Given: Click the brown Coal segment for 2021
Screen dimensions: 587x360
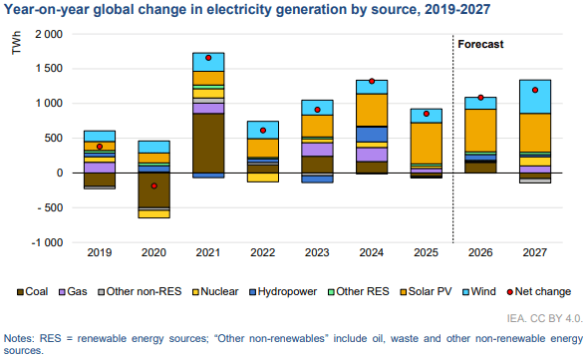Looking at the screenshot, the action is click(208, 143).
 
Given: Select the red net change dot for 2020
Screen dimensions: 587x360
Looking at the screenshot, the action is click(153, 185).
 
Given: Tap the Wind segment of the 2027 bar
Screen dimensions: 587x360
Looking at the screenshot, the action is click(535, 97).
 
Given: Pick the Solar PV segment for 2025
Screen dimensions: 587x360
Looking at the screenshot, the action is click(426, 143).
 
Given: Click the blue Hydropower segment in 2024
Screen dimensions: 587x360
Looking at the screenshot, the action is click(372, 135).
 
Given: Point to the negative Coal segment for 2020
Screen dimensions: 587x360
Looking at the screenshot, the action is click(153, 189).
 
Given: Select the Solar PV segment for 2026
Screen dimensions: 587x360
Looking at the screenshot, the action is click(480, 131).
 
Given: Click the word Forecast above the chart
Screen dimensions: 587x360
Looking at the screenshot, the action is click(480, 44).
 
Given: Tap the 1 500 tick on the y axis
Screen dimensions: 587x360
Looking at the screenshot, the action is click(49, 69).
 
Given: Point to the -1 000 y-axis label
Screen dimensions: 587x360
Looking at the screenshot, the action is click(47, 242).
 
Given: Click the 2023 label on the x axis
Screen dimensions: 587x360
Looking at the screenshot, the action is click(317, 252).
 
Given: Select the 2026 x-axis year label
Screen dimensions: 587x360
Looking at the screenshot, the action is click(480, 252).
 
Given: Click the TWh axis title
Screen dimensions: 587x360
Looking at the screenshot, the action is click(17, 43).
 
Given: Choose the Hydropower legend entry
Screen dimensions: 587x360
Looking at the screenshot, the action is click(283, 291).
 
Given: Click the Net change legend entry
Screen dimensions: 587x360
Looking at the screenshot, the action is click(539, 291).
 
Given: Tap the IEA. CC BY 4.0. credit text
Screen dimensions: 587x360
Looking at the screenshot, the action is click(545, 318).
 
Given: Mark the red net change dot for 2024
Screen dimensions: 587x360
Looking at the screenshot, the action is click(372, 82).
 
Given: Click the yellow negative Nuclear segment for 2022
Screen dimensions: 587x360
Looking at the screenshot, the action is click(263, 178).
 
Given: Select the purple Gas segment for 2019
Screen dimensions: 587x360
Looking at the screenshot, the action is click(100, 168).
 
